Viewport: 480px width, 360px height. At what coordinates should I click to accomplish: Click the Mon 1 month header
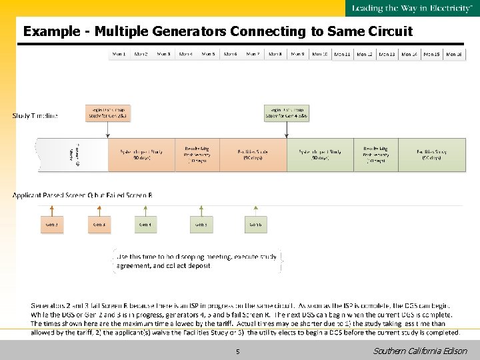pyautogui.click(x=119, y=54)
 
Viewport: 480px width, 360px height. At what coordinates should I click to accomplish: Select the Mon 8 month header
pyautogui.click(x=275, y=54)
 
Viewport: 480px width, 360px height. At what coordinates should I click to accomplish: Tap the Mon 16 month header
pyautogui.click(x=454, y=54)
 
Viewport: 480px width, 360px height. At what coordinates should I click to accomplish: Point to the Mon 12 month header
pyautogui.click(x=365, y=54)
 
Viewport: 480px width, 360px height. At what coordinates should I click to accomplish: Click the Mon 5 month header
pyautogui.click(x=208, y=54)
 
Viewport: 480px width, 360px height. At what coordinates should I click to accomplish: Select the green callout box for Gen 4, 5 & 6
pyautogui.click(x=287, y=113)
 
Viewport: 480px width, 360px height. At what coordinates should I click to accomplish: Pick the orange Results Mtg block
pyautogui.click(x=197, y=154)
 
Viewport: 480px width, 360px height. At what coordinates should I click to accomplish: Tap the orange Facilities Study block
pyautogui.click(x=253, y=154)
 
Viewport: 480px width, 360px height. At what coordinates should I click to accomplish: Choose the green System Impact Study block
pyautogui.click(x=320, y=154)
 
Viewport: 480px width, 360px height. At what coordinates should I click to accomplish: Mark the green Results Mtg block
pyautogui.click(x=376, y=154)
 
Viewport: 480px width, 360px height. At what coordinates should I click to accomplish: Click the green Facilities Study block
pyautogui.click(x=432, y=154)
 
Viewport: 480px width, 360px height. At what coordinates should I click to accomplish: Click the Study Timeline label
pyautogui.click(x=35, y=116)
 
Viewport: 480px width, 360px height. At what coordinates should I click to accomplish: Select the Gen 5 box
pyautogui.click(x=201, y=225)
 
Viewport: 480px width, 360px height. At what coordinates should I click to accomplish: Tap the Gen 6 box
pyautogui.click(x=256, y=225)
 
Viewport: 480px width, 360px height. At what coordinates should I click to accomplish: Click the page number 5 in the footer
pyautogui.click(x=237, y=351)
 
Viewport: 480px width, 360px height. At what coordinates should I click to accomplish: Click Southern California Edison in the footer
pyautogui.click(x=420, y=351)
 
